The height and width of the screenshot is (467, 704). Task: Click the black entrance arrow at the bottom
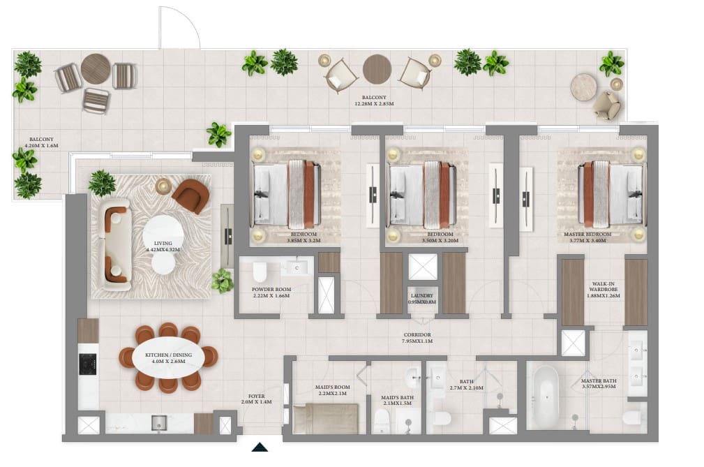pos(260,447)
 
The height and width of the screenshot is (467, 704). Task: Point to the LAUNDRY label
pos(423,299)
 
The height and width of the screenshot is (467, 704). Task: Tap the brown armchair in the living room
pos(190,196)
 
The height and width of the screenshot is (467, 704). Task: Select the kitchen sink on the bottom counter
pos(159,422)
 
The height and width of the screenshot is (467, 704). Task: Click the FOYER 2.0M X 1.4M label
pos(255,400)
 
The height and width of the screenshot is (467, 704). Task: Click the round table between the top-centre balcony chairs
pos(377,69)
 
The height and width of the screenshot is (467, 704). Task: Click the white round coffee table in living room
pos(165,232)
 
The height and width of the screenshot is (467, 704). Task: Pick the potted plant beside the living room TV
pos(222,281)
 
